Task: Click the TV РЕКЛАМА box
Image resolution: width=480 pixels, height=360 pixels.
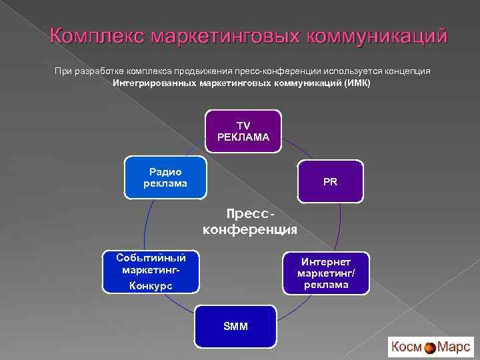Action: [243, 131]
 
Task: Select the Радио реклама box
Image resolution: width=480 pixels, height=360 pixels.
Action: [165, 178]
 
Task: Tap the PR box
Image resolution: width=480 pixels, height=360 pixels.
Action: [331, 181]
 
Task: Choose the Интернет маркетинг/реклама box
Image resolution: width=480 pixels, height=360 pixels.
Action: [326, 273]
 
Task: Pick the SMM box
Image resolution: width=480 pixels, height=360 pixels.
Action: [235, 327]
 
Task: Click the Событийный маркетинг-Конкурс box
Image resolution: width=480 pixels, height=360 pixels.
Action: [151, 272]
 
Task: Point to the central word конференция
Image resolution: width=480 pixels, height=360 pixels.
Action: [250, 230]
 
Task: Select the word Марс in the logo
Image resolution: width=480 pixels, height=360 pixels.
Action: [454, 347]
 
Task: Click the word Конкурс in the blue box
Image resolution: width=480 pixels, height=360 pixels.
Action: [151, 285]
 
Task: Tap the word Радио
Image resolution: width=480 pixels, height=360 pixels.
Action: [165, 172]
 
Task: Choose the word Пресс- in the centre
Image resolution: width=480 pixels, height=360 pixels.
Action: [250, 215]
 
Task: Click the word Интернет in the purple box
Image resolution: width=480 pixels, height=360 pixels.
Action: [326, 262]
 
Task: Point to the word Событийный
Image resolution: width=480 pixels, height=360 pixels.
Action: [151, 257]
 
